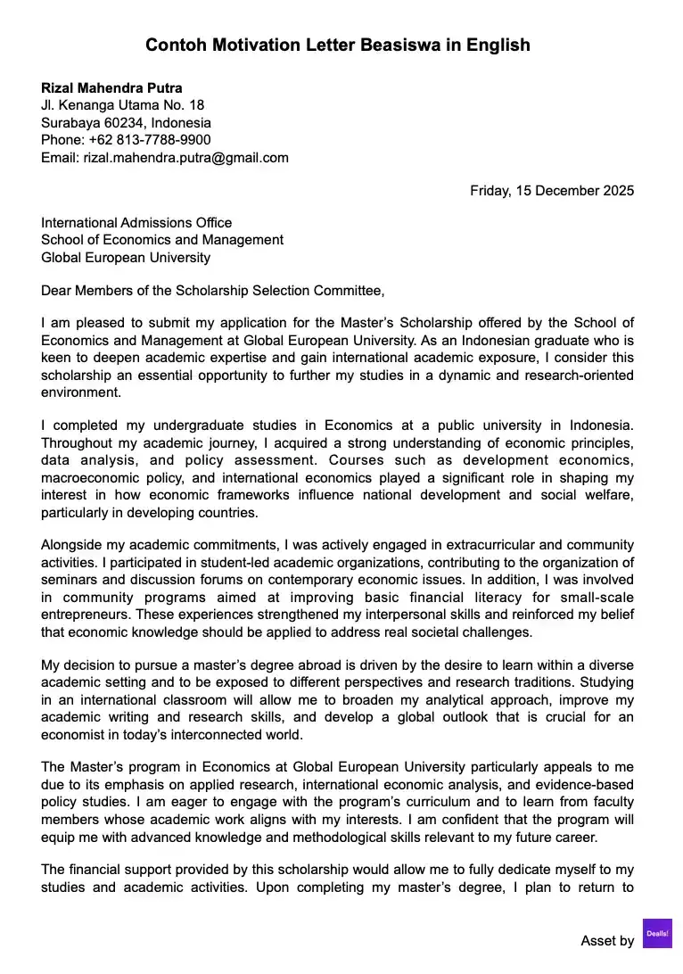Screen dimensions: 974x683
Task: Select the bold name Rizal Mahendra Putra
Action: tap(111, 88)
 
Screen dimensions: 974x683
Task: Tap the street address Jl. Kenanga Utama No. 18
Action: tap(122, 105)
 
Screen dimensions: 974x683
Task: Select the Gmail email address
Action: tap(185, 158)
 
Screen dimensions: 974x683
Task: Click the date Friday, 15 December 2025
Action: tap(552, 190)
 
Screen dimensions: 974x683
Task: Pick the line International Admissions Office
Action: tap(136, 223)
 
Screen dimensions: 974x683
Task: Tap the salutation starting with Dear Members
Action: tap(212, 290)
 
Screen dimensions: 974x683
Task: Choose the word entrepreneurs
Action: tap(82, 615)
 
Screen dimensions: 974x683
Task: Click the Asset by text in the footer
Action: tap(607, 940)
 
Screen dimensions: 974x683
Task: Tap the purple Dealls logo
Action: tap(657, 933)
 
